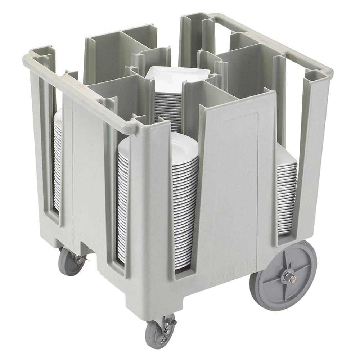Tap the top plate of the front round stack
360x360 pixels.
(x=158, y=142)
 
